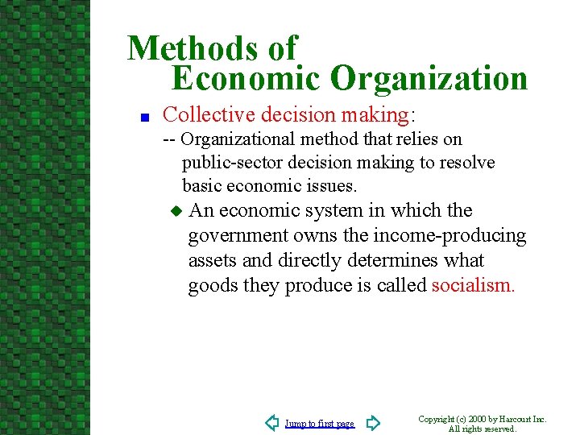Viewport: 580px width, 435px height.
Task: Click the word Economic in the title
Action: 246,79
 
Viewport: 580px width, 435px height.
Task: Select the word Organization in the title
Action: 429,79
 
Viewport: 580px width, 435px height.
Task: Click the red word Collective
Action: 209,114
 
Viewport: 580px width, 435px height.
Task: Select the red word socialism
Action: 472,286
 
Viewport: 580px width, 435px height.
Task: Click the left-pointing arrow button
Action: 273,422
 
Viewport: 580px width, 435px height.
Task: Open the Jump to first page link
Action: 320,424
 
